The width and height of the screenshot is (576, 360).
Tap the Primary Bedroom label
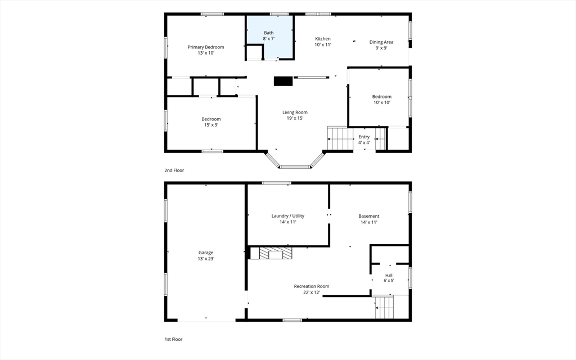206,50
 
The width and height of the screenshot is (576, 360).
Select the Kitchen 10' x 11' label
323,42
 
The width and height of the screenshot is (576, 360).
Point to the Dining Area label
381,45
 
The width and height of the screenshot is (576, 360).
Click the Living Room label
295,115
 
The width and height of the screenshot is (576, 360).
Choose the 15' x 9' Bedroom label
211,122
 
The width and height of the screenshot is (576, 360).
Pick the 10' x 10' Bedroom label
382,100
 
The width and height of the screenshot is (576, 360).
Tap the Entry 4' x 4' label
364,139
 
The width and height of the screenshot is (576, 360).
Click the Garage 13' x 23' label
206,255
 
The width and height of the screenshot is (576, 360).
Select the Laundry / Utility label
288,219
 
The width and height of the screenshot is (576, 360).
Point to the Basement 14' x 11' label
369,219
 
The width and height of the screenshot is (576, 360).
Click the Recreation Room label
312,289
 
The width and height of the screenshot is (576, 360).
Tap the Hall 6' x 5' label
389,278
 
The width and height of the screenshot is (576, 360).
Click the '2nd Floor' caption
174,170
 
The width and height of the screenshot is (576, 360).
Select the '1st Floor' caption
173,339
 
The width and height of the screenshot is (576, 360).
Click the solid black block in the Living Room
283,81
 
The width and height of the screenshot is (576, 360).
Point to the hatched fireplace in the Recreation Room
276,253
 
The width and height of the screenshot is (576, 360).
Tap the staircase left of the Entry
340,139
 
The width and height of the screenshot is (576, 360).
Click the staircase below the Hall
384,307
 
